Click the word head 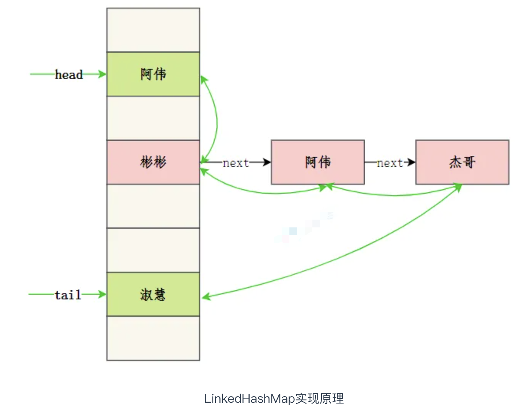(x=69, y=74)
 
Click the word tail (x=68, y=295)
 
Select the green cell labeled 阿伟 (x=153, y=74)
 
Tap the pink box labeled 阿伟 (x=318, y=162)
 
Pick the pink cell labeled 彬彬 (x=153, y=162)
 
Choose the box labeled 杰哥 (x=462, y=162)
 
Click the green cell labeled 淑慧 (x=153, y=294)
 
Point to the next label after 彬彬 (x=236, y=163)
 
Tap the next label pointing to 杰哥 (x=390, y=163)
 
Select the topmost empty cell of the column (x=153, y=30)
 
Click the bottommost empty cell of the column (x=153, y=338)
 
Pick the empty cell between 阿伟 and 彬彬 (x=153, y=118)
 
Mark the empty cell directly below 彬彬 (x=153, y=206)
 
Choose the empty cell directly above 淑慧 (x=153, y=250)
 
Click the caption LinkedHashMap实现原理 (x=274, y=398)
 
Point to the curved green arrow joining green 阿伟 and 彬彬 (x=217, y=119)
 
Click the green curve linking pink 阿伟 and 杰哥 (x=394, y=195)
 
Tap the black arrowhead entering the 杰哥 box (x=411, y=162)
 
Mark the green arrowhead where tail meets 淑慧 (x=102, y=294)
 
